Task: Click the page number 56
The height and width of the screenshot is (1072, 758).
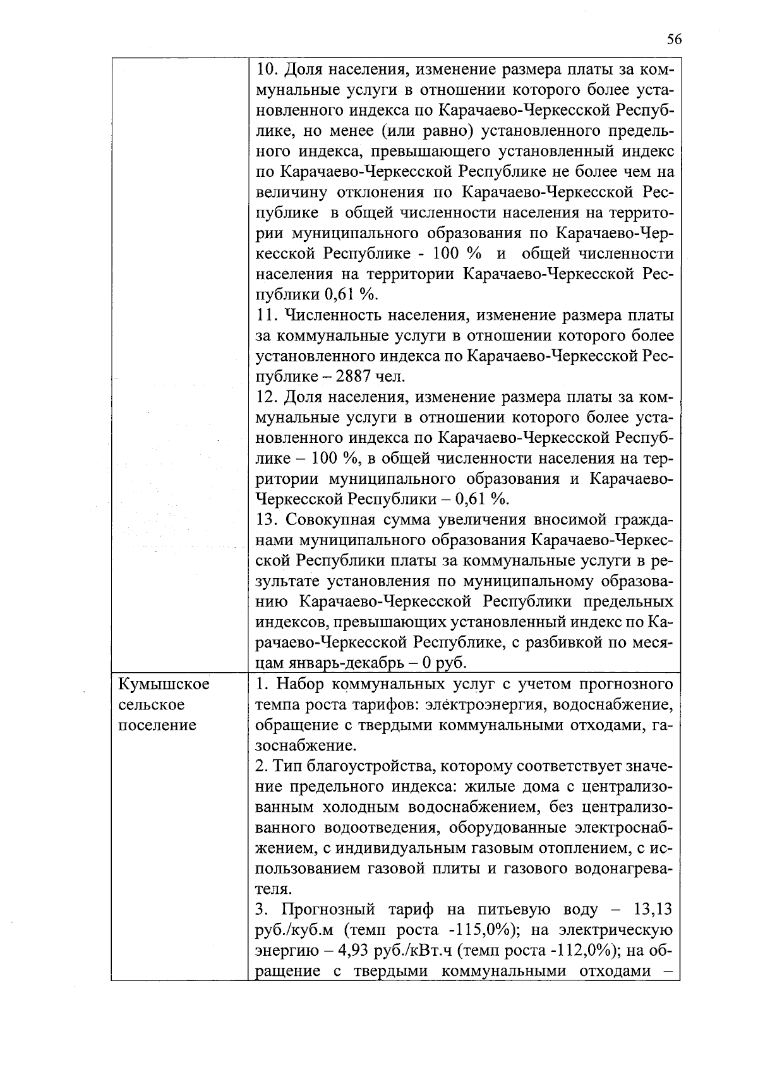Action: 674,39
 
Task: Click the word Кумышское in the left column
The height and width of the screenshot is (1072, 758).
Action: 164,684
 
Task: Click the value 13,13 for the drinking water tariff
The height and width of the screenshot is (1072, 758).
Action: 652,910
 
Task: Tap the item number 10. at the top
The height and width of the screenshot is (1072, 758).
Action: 267,69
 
